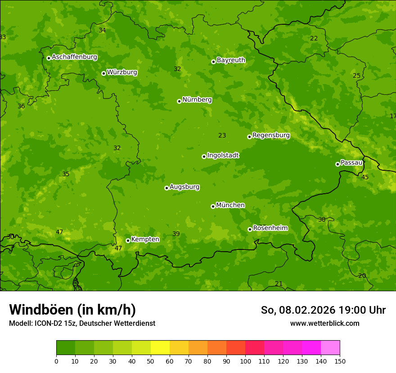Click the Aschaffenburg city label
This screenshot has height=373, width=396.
click(74, 57)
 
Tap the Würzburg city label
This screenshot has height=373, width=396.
click(122, 72)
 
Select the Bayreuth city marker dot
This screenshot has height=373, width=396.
click(213, 62)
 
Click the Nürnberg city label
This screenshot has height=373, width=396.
click(197, 100)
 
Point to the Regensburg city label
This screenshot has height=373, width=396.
click(271, 135)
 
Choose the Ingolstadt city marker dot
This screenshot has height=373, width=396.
click(204, 156)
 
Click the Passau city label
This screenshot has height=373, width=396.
click(351, 163)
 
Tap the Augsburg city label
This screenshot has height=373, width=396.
click(184, 187)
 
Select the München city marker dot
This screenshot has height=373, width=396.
click(213, 206)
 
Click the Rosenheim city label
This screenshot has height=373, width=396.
click(270, 228)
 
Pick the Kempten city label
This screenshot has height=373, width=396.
click(145, 240)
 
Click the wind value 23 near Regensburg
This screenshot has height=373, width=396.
click(222, 135)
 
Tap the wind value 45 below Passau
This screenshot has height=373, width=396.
click(365, 177)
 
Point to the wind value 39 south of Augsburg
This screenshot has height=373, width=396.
click(176, 234)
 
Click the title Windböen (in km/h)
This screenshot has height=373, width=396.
click(72, 310)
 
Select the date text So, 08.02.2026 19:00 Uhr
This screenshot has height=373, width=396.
click(323, 310)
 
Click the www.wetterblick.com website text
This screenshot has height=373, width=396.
click(324, 324)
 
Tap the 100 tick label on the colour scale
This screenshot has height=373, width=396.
click(245, 361)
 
